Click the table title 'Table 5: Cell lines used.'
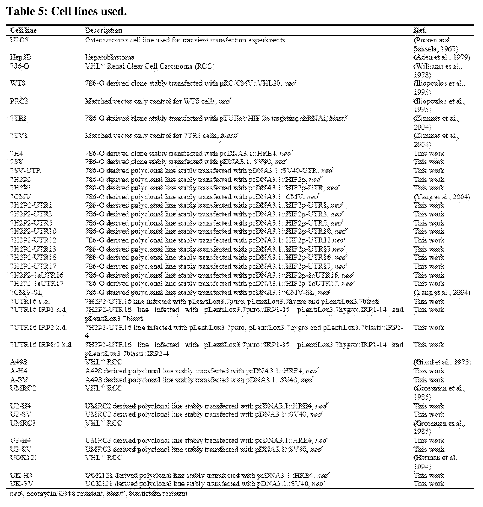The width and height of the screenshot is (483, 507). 66,11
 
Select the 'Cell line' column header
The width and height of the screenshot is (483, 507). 23,30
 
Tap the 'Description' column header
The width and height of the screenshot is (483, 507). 103,30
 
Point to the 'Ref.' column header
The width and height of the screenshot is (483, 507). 420,30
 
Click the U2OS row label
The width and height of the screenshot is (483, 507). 19,40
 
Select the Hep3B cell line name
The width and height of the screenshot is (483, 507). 21,57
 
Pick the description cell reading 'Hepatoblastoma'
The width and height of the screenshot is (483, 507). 109,57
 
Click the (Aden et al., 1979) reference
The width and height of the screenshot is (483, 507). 442,57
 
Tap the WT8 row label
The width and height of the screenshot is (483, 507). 18,83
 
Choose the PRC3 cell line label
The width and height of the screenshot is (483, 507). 19,101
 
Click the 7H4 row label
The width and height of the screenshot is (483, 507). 17,154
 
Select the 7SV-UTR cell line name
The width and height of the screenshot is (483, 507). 26,171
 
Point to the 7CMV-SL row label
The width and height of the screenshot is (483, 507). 26,293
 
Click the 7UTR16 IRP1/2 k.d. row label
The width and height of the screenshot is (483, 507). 41,345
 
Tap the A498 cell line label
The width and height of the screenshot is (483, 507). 19,362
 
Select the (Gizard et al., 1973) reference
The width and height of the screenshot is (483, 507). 442,362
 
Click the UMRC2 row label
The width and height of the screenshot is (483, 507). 23,388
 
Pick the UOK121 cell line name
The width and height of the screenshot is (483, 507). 23,458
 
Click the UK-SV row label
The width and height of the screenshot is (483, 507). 21,484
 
